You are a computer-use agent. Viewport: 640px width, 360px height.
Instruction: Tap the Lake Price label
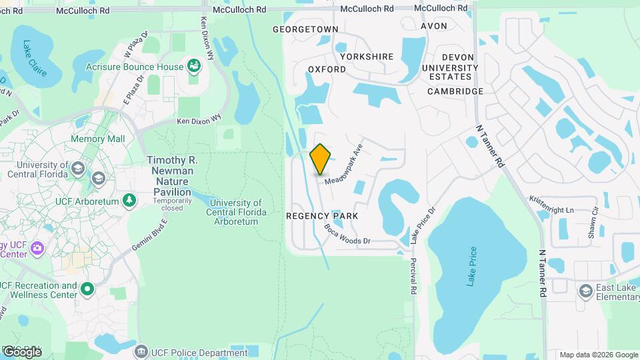tap(473, 267)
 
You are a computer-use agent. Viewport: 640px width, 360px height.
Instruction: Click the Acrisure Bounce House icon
tap(194, 66)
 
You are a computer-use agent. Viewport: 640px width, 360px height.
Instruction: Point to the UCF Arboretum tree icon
tap(129, 200)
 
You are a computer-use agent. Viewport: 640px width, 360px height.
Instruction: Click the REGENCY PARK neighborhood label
tap(322, 216)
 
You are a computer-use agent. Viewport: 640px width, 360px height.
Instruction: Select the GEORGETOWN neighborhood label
tap(305, 29)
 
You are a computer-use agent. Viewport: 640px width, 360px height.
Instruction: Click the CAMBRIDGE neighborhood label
tap(455, 91)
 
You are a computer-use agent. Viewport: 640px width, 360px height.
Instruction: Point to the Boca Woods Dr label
tap(347, 234)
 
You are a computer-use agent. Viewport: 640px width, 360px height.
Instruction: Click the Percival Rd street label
tap(413, 277)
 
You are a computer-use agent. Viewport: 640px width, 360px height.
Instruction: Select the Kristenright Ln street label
tap(551, 205)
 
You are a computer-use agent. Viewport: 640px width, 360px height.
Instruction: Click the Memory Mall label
tap(97, 139)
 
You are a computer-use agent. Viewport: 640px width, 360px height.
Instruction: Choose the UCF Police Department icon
tap(141, 352)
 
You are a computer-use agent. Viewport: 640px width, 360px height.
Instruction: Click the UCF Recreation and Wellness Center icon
tap(87, 289)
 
